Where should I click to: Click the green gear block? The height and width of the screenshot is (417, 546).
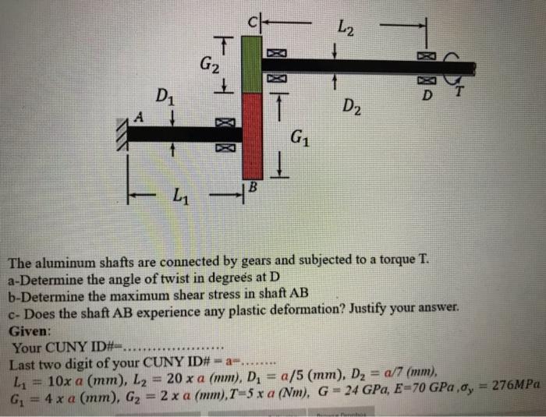tap(252, 63)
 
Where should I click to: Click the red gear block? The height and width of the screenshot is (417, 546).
tap(252, 135)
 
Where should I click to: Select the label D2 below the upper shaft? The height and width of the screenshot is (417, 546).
tap(352, 104)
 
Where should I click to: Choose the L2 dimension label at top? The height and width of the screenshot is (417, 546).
tap(348, 30)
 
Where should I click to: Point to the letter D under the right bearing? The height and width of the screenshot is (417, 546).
tap(426, 96)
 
